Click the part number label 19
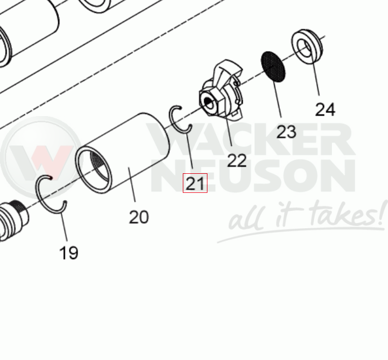tap(69, 253)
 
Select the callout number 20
tap(139, 217)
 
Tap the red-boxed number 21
tap(195, 183)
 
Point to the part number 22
tap(237, 160)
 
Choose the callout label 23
tap(287, 132)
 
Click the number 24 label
tap(325, 109)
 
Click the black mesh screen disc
tap(273, 66)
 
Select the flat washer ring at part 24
tap(307, 47)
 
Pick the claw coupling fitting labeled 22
tap(221, 90)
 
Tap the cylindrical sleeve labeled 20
tap(122, 153)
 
